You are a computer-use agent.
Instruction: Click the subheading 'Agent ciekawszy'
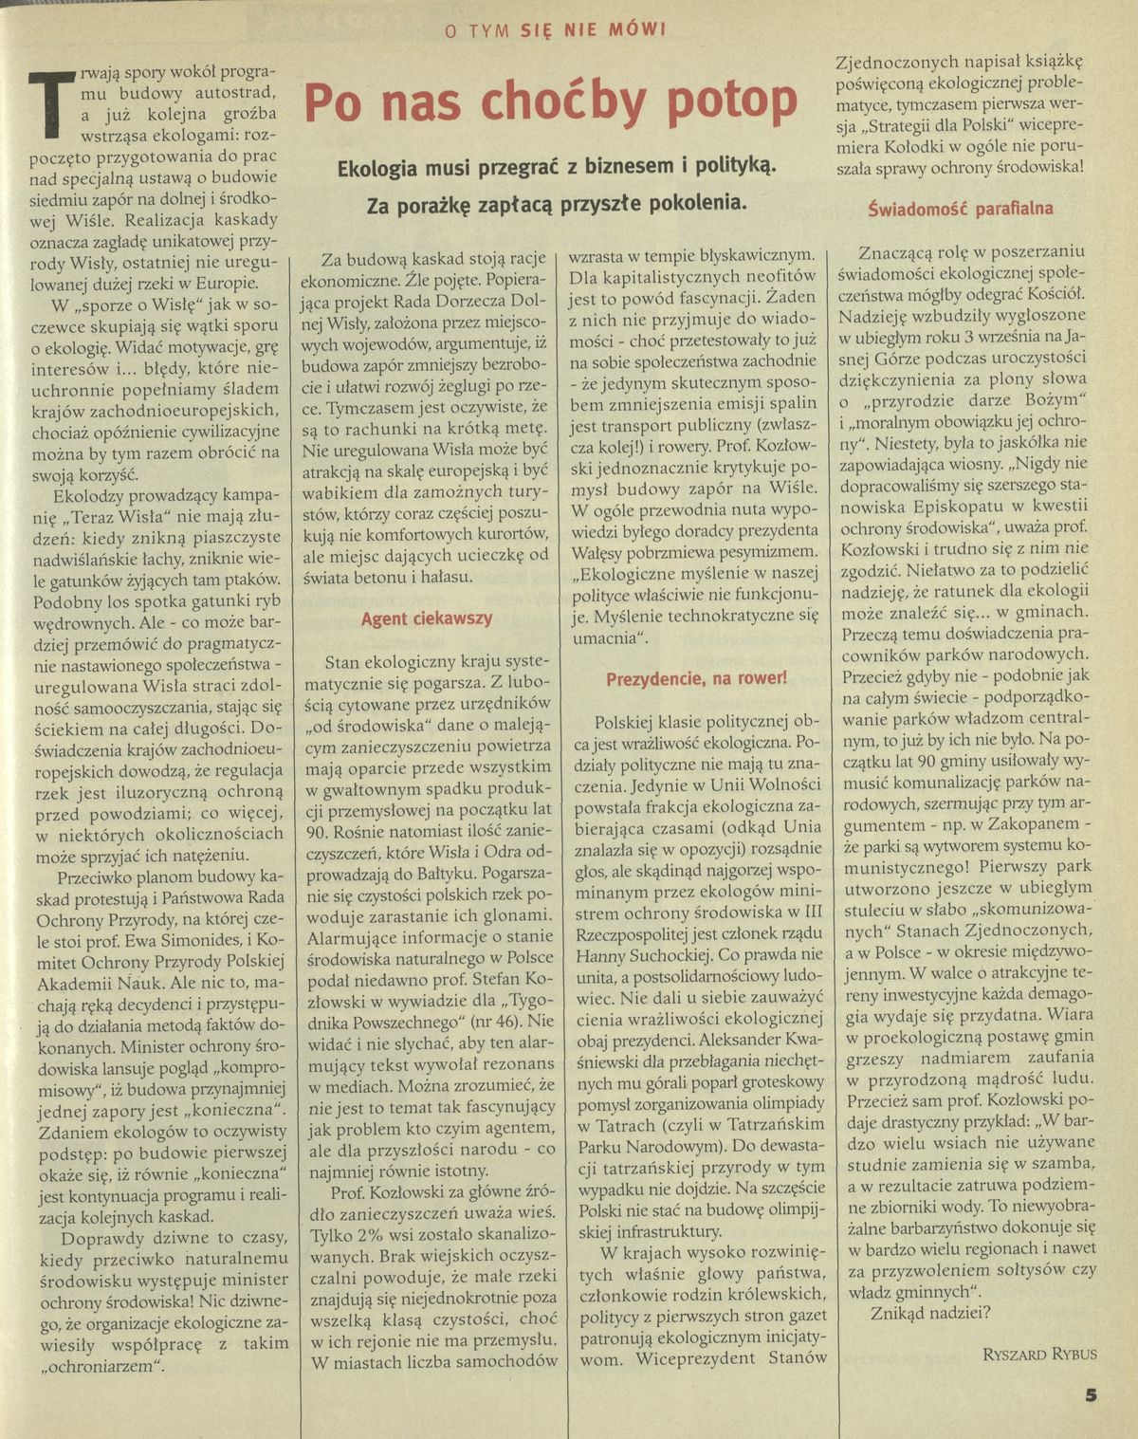coord(426,618)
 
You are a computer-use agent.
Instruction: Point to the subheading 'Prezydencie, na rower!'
coord(696,678)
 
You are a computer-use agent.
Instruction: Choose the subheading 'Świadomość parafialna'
coord(960,209)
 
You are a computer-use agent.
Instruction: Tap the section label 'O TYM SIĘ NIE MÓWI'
coord(556,29)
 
